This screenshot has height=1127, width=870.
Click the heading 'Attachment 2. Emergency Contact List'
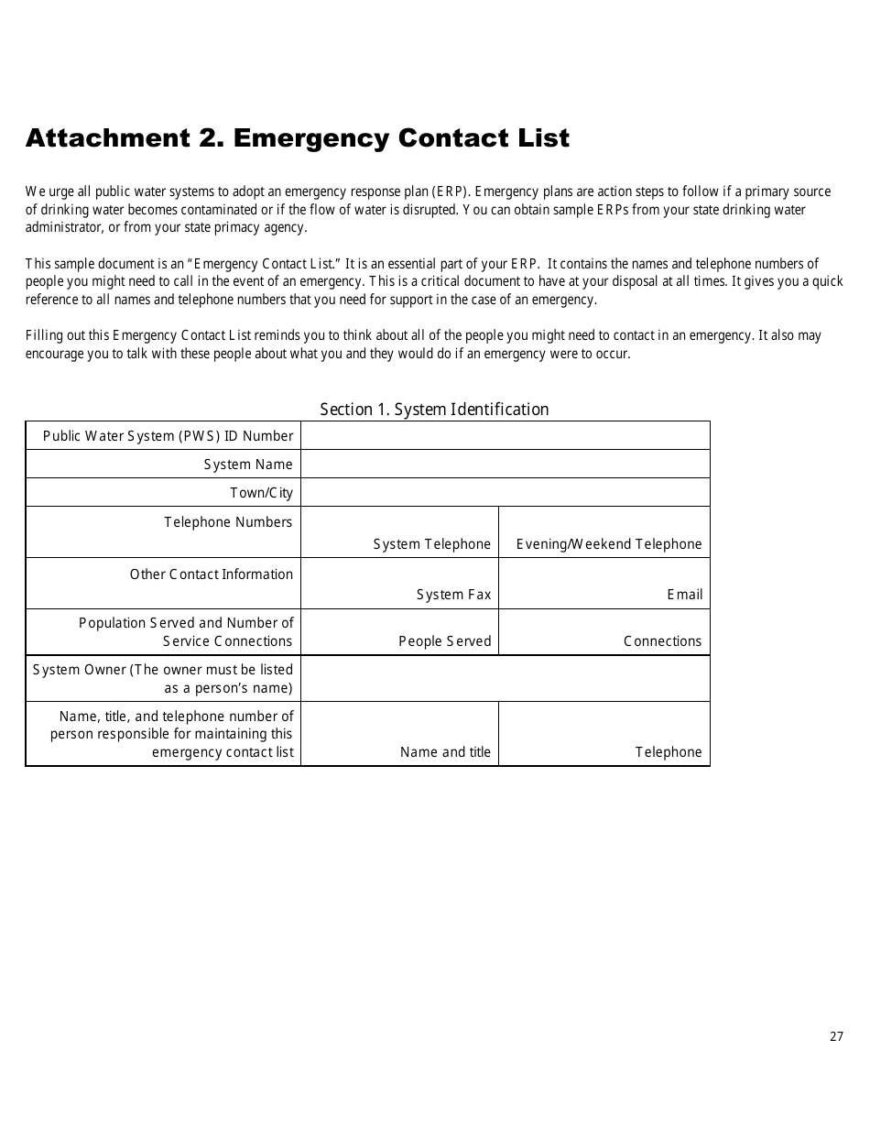298,138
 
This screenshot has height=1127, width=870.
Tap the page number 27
836,1036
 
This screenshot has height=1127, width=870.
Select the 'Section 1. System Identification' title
434,410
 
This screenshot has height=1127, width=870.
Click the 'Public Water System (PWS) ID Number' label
169,436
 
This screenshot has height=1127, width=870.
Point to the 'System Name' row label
248,465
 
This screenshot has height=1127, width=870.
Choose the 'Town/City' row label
261,493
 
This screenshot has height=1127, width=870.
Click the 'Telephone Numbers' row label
228,522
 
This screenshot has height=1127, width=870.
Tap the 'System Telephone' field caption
431,544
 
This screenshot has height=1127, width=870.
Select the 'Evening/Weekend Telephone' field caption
609,544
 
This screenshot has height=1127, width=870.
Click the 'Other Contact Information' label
212,574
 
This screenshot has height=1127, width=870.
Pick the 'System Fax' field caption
453,595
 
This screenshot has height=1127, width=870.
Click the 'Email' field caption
684,595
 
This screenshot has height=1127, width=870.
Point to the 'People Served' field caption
444,641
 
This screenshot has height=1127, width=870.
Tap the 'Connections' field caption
662,641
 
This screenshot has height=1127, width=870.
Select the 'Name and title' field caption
445,752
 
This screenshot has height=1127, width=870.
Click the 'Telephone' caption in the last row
669,752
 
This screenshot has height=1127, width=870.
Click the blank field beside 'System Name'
505,464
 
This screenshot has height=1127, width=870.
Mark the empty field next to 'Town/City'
505,492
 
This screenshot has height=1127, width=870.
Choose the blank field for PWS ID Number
505,435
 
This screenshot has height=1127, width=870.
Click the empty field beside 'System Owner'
505,678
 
